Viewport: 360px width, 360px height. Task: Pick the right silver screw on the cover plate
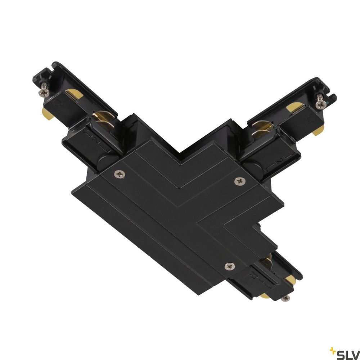pos(240,181)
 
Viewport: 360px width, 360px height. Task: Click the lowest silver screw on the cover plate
pos(229,266)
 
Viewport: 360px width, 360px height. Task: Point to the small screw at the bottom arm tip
pos(286,298)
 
